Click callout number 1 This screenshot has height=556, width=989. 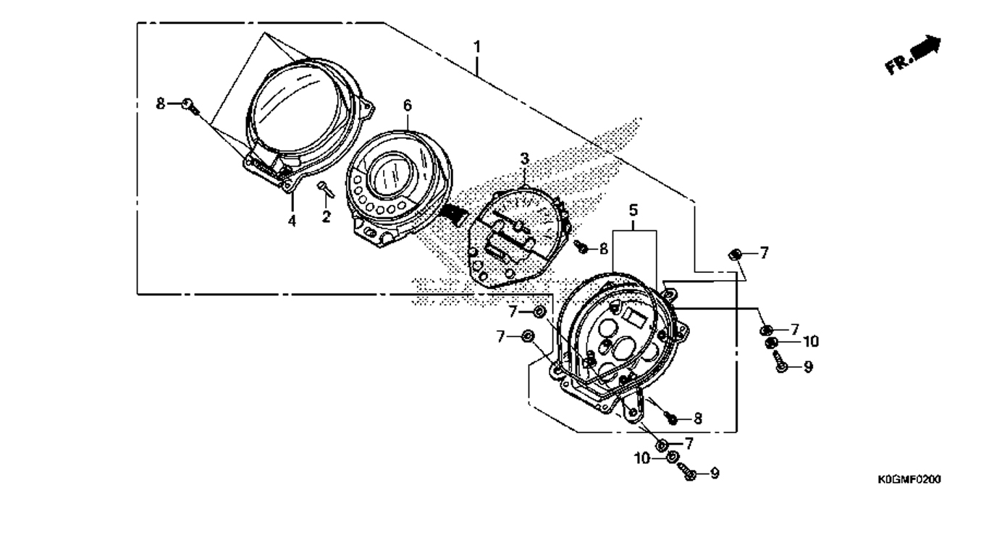point(477,46)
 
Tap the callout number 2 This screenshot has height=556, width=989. point(326,216)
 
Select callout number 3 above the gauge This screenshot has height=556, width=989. point(524,159)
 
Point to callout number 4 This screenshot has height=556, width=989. point(292,220)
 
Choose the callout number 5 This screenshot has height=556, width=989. point(634,210)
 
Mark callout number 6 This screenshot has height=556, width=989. point(407,106)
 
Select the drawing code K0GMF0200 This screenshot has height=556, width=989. point(909,479)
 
